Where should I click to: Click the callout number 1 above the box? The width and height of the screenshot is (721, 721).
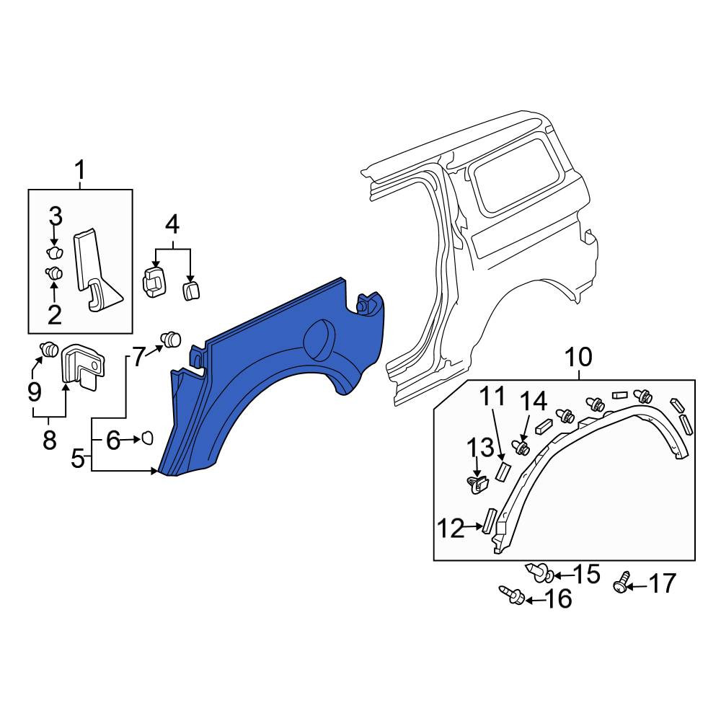coord(80,170)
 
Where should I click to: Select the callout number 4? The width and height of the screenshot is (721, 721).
coord(172,225)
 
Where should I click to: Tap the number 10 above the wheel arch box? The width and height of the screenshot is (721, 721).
coord(578,358)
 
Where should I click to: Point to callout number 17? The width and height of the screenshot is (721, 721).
coord(662,583)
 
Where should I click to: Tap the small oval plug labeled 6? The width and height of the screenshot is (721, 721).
coord(147,438)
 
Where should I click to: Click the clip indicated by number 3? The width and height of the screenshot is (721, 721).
coord(56,252)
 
